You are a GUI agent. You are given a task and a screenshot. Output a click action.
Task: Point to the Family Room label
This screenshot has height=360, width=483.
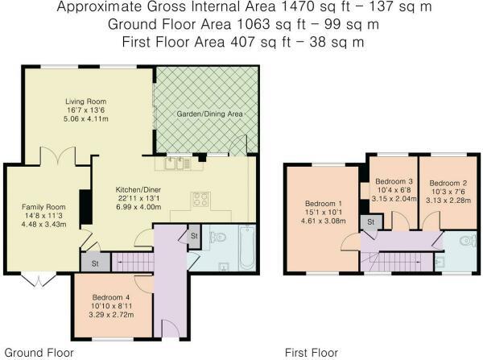point(43,207)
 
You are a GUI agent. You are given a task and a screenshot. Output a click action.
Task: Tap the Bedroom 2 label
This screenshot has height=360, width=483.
point(446,182)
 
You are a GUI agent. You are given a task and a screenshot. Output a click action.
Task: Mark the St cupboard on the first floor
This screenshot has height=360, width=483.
point(371,221)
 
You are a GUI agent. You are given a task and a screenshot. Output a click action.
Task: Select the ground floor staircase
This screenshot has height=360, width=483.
point(129,261)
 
